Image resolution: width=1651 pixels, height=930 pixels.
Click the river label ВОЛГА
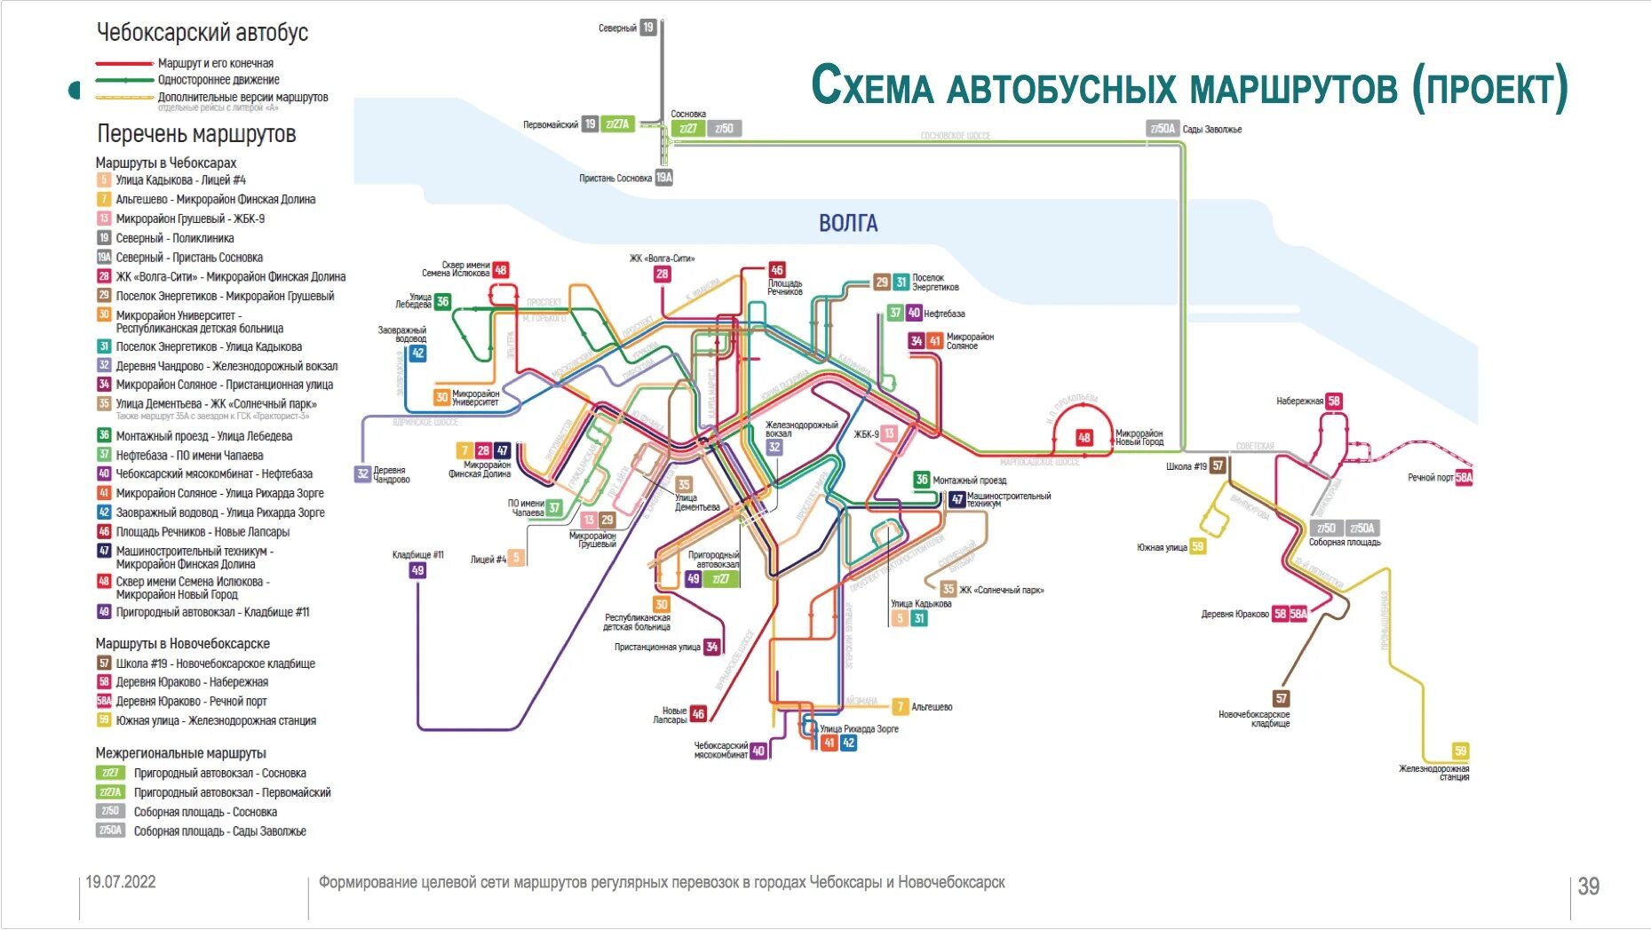[848, 223]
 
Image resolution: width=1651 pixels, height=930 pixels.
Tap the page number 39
[1588, 886]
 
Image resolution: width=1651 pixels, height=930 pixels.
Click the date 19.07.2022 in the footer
[121, 882]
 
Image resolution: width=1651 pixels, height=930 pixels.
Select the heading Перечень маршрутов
[196, 134]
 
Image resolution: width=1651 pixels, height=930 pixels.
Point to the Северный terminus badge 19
[648, 28]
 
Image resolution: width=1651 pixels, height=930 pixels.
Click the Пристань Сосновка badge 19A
[664, 178]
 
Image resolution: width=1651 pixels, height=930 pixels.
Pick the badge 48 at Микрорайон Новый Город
[1084, 437]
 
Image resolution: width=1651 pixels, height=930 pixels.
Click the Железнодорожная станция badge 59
[1460, 751]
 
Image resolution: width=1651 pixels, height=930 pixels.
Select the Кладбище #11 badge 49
[417, 570]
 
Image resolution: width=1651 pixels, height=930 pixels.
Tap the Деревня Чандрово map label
[391, 474]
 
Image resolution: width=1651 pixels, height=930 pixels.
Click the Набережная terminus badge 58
[1333, 401]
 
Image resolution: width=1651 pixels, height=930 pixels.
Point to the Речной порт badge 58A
[1464, 477]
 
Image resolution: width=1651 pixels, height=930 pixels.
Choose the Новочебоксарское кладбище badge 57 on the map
[1281, 698]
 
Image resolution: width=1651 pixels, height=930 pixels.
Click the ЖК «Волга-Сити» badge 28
[662, 274]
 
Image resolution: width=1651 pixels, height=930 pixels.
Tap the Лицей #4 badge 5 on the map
[516, 558]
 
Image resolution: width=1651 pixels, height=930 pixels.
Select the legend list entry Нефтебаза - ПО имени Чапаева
[189, 455]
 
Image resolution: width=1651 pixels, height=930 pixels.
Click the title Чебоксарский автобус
[202, 33]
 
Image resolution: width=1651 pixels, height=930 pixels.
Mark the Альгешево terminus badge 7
[900, 707]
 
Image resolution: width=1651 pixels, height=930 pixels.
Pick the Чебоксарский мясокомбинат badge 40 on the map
[758, 751]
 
